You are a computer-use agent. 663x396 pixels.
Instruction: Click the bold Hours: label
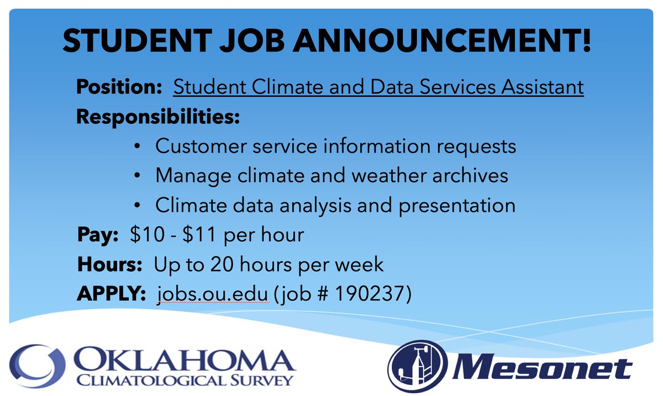pyautogui.click(x=109, y=264)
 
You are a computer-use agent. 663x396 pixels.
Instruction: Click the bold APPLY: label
pyautogui.click(x=111, y=294)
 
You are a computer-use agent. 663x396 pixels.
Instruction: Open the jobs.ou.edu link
pyautogui.click(x=213, y=294)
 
